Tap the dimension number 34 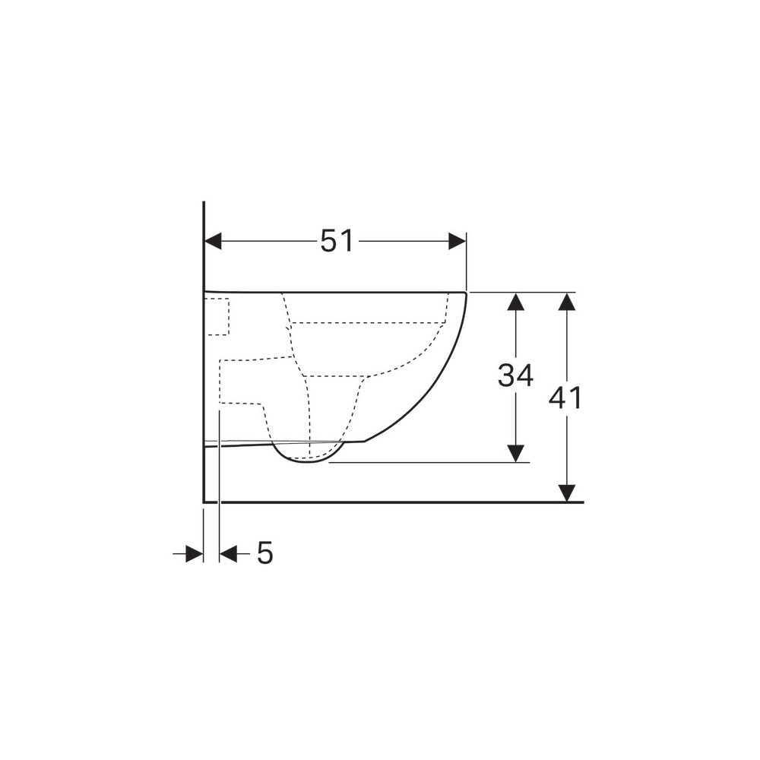516,375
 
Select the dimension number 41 565,398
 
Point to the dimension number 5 265,553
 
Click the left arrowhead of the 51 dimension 214,241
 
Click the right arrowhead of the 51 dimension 457,241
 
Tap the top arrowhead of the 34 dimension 516,302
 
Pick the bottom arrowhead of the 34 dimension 516,453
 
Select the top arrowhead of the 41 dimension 567,302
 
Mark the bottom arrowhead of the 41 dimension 567,493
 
